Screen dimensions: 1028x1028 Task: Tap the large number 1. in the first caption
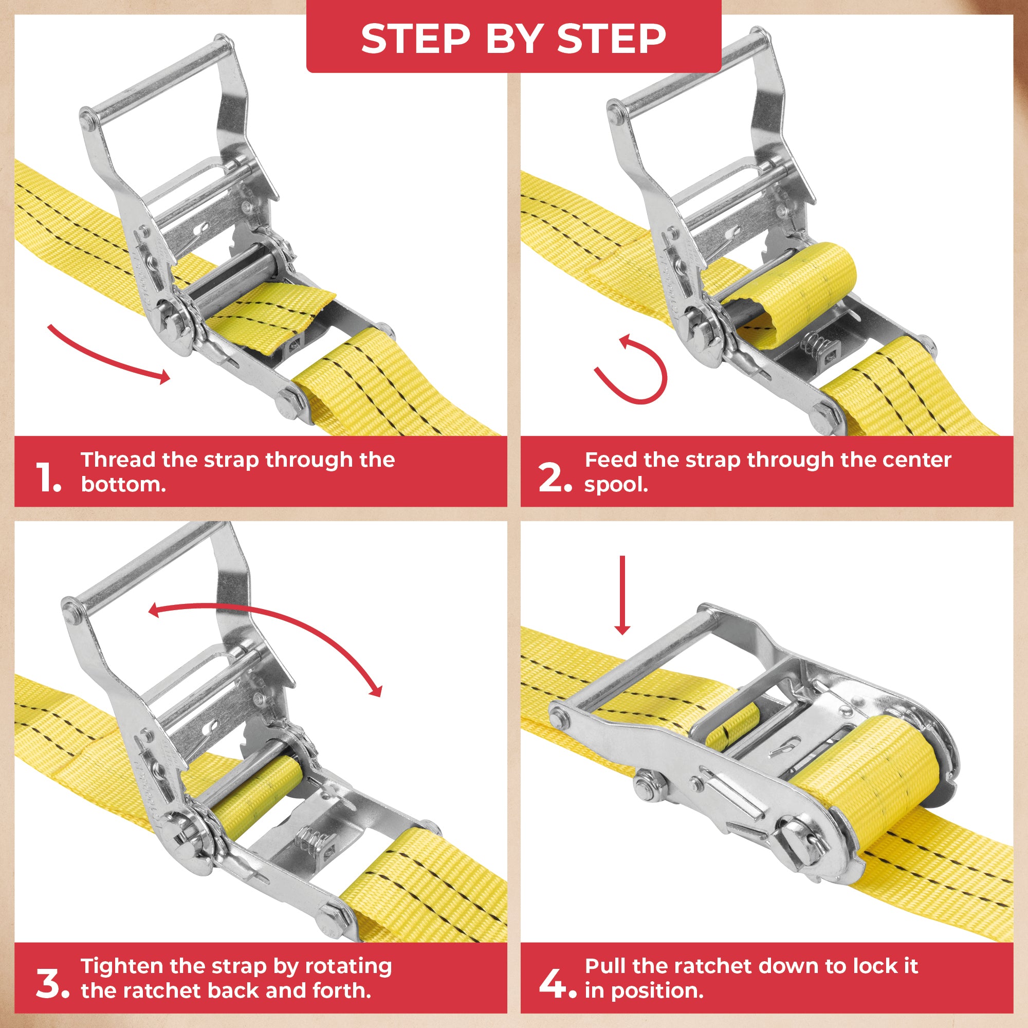(x=49, y=478)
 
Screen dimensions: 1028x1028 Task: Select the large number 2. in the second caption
(x=555, y=478)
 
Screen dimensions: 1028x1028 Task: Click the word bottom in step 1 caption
(x=122, y=485)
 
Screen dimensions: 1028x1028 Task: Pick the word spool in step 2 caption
(x=616, y=485)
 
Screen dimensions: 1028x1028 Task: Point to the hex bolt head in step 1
(x=288, y=401)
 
